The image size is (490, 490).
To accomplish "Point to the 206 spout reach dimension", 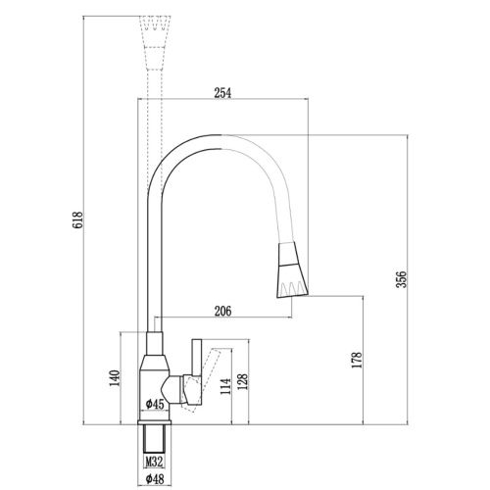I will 221,312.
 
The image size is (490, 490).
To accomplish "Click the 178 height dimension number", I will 361,360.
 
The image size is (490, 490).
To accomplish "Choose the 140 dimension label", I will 114,377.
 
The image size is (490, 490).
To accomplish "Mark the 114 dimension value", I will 223,386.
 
